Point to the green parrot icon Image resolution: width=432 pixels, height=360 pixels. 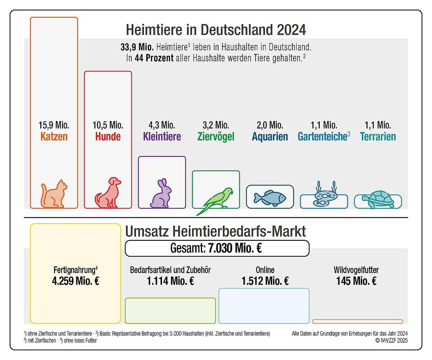click(216, 200)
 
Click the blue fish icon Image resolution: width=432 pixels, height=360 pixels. click(270, 197)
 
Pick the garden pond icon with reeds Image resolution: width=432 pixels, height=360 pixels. click(324, 196)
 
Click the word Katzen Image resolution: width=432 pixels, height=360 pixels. click(54, 137)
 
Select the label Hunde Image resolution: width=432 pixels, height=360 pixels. click(108, 137)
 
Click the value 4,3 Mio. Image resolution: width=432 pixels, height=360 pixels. click(162, 125)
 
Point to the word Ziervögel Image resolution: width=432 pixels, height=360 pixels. click(216, 137)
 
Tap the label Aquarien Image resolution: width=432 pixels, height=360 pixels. click(270, 137)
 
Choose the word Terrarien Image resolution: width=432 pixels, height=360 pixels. click(378, 137)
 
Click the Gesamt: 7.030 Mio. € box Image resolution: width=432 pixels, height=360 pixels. click(217, 248)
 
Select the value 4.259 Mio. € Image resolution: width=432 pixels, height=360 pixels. click(76, 281)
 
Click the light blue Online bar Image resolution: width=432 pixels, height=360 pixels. click(264, 306)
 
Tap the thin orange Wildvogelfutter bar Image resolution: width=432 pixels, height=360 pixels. click(357, 321)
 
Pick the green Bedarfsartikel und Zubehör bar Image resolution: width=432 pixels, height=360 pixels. click(170, 311)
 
